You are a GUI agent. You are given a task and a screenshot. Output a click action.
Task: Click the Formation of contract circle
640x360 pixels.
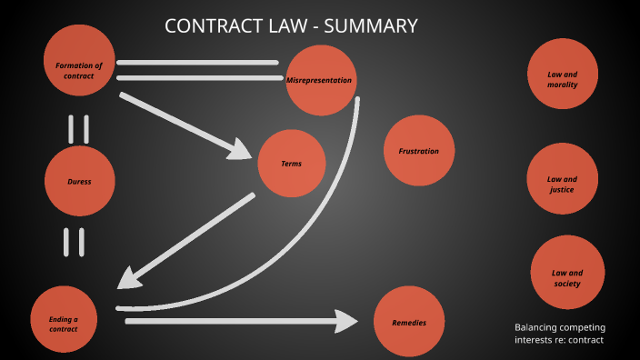point(79,60)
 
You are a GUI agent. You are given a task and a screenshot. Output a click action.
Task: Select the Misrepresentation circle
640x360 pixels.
point(319,80)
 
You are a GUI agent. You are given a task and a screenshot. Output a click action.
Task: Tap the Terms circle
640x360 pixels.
point(292,164)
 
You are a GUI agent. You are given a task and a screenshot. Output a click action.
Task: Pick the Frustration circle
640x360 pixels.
point(418,151)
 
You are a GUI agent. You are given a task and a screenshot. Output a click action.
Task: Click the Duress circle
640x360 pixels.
point(79,181)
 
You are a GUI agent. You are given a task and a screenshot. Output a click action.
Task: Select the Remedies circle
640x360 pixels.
point(409,323)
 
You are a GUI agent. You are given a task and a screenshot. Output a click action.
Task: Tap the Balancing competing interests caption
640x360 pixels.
point(560,334)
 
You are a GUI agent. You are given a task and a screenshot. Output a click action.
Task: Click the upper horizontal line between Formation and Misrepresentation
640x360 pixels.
point(197,63)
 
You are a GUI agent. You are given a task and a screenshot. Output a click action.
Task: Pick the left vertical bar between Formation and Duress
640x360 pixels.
point(71,129)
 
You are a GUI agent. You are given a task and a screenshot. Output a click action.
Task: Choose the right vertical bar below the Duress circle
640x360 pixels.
point(82,242)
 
